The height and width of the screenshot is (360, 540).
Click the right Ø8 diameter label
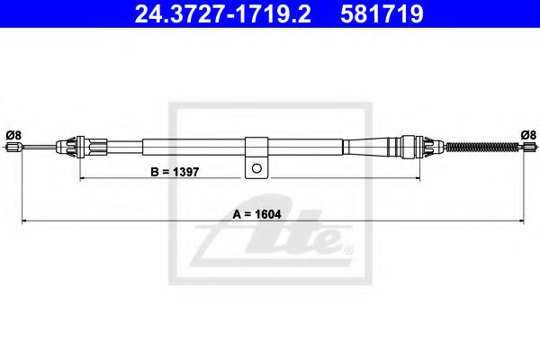tap(528, 135)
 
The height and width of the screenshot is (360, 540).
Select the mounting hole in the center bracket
tap(256, 166)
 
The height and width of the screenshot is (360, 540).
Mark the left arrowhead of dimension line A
tap(24, 221)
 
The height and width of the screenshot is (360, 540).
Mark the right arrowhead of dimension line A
tap(522, 221)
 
